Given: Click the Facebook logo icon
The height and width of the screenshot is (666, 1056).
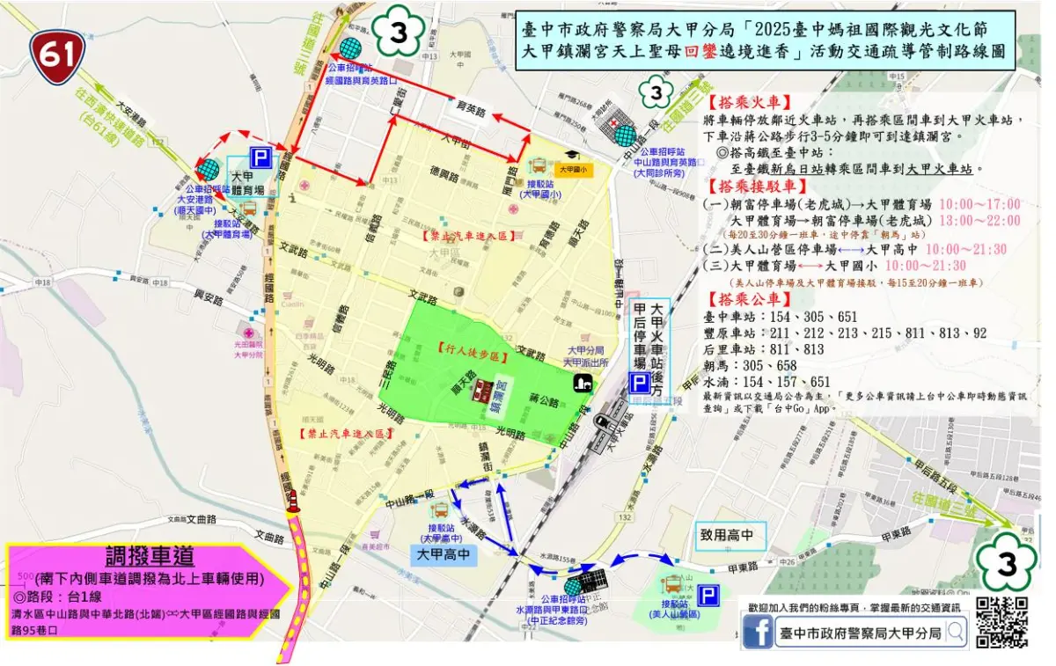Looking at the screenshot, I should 758,633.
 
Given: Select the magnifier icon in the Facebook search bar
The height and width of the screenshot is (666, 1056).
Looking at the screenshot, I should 957,631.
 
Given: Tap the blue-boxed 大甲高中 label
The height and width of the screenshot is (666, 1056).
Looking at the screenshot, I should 445,555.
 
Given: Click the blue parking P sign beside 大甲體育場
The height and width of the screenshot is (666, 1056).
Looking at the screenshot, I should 261,157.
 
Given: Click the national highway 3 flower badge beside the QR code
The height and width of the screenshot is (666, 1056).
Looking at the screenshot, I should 1005,564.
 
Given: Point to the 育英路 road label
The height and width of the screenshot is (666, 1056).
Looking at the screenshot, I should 472,111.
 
